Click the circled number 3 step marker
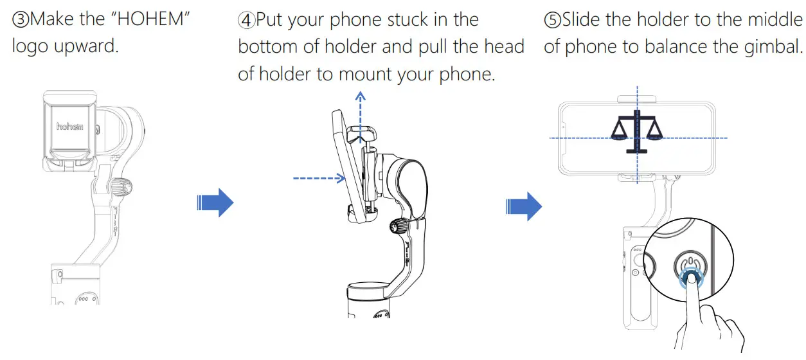coord(21,19)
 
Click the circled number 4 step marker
coord(246,19)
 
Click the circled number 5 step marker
coord(552,19)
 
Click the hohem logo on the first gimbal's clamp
coord(70,127)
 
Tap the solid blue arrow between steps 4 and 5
coord(524,206)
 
